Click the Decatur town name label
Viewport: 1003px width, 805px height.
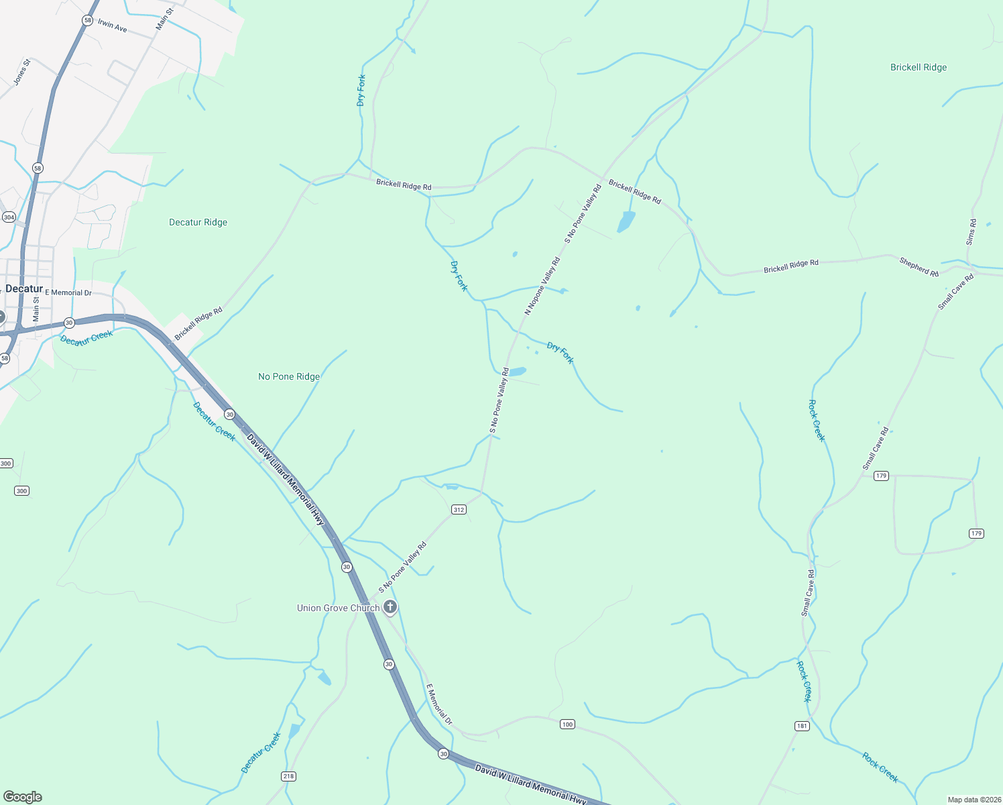24,289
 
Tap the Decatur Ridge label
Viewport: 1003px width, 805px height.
198,223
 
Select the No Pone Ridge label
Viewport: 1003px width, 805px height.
289,377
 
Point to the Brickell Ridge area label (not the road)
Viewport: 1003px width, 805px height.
918,68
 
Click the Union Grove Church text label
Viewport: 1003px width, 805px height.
338,608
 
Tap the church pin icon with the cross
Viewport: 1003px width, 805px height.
390,608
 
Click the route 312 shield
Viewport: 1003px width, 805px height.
459,510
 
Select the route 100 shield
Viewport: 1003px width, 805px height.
567,724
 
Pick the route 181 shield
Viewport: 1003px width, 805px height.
801,726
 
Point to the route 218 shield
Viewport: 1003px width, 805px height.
288,776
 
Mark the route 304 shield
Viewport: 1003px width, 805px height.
9,217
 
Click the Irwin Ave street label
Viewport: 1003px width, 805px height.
112,26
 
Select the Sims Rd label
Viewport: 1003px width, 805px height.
971,232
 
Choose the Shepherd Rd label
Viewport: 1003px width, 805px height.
919,266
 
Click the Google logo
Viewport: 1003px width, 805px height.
23,797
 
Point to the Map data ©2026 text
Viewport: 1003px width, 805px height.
973,800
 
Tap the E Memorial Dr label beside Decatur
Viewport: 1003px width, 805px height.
68,293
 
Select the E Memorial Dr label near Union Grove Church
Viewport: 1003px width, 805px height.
439,704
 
